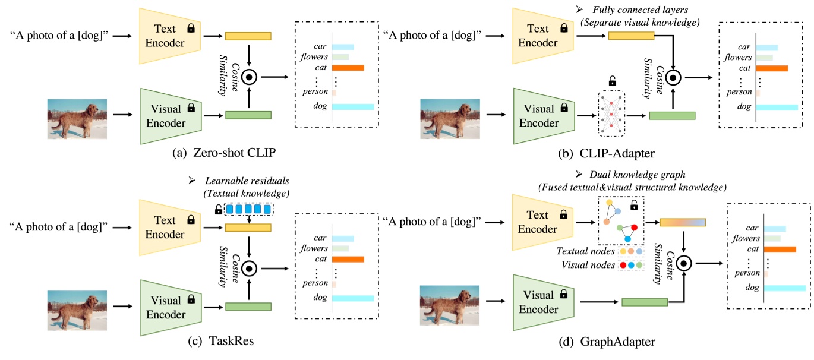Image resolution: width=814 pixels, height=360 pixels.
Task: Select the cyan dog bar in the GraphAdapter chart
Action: pyautogui.click(x=784, y=288)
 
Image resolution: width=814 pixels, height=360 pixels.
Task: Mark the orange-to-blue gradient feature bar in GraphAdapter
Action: pyautogui.click(x=682, y=222)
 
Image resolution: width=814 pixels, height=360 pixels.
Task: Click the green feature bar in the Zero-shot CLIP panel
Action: pyautogui.click(x=248, y=115)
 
